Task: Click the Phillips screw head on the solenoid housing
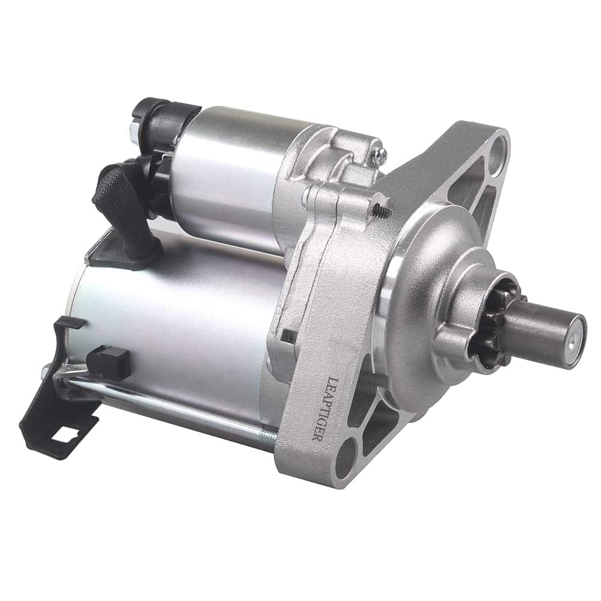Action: click(379, 157)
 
